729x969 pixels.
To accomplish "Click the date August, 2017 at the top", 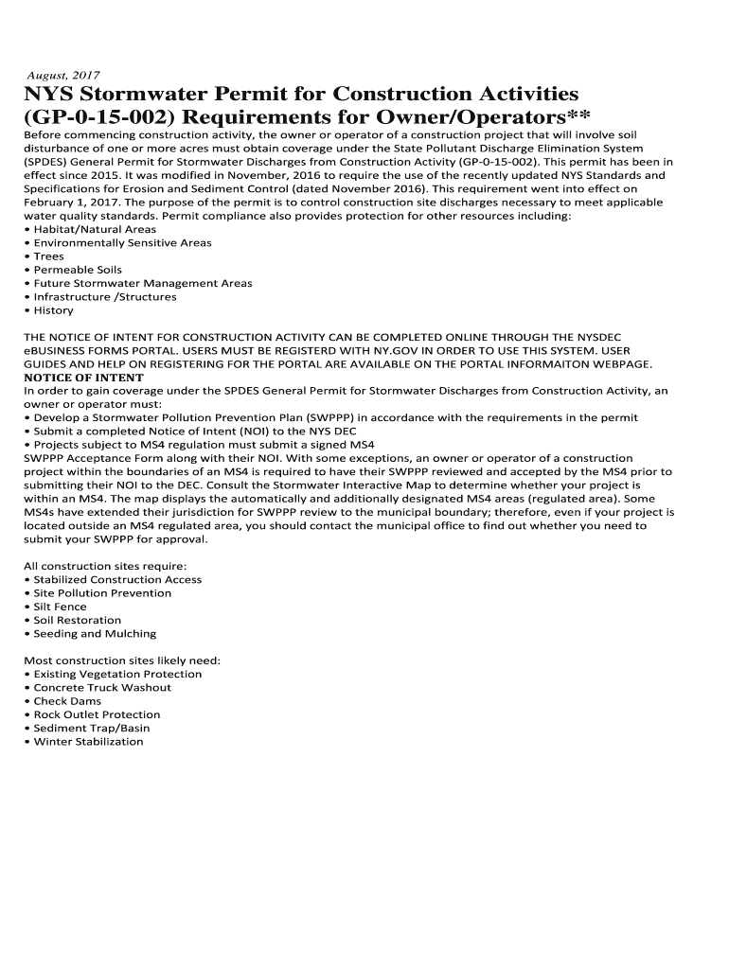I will [62, 75].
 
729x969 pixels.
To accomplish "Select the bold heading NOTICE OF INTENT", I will [83, 378].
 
